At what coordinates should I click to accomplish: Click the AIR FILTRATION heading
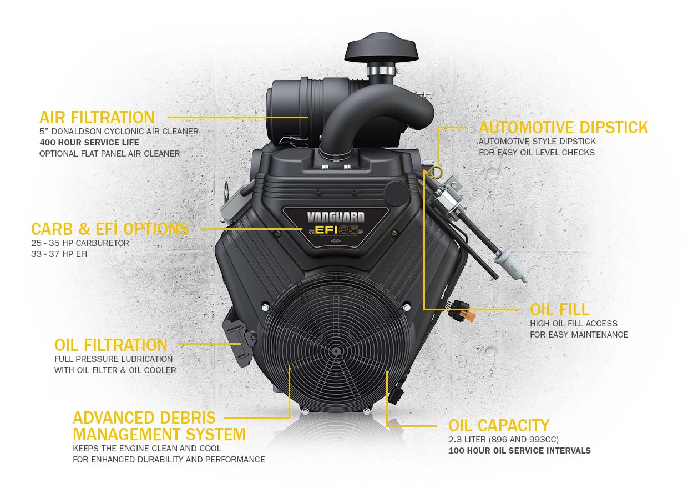(97, 117)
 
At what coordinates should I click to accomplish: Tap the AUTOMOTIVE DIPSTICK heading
(563, 127)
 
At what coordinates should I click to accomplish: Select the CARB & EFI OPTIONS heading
(110, 229)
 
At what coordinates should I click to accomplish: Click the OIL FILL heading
(559, 309)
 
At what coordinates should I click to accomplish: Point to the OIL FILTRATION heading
(111, 345)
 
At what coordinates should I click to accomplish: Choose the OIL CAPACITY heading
(498, 426)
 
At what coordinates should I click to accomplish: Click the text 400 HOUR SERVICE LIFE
(89, 143)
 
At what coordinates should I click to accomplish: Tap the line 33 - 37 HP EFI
(59, 254)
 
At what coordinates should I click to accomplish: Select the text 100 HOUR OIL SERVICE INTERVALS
(519, 450)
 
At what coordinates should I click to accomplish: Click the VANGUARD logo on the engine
(336, 217)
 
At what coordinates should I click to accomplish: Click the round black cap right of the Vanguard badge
(396, 192)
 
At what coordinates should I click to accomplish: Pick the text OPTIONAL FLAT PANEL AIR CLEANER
(109, 153)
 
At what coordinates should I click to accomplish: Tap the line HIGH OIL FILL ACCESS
(573, 323)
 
